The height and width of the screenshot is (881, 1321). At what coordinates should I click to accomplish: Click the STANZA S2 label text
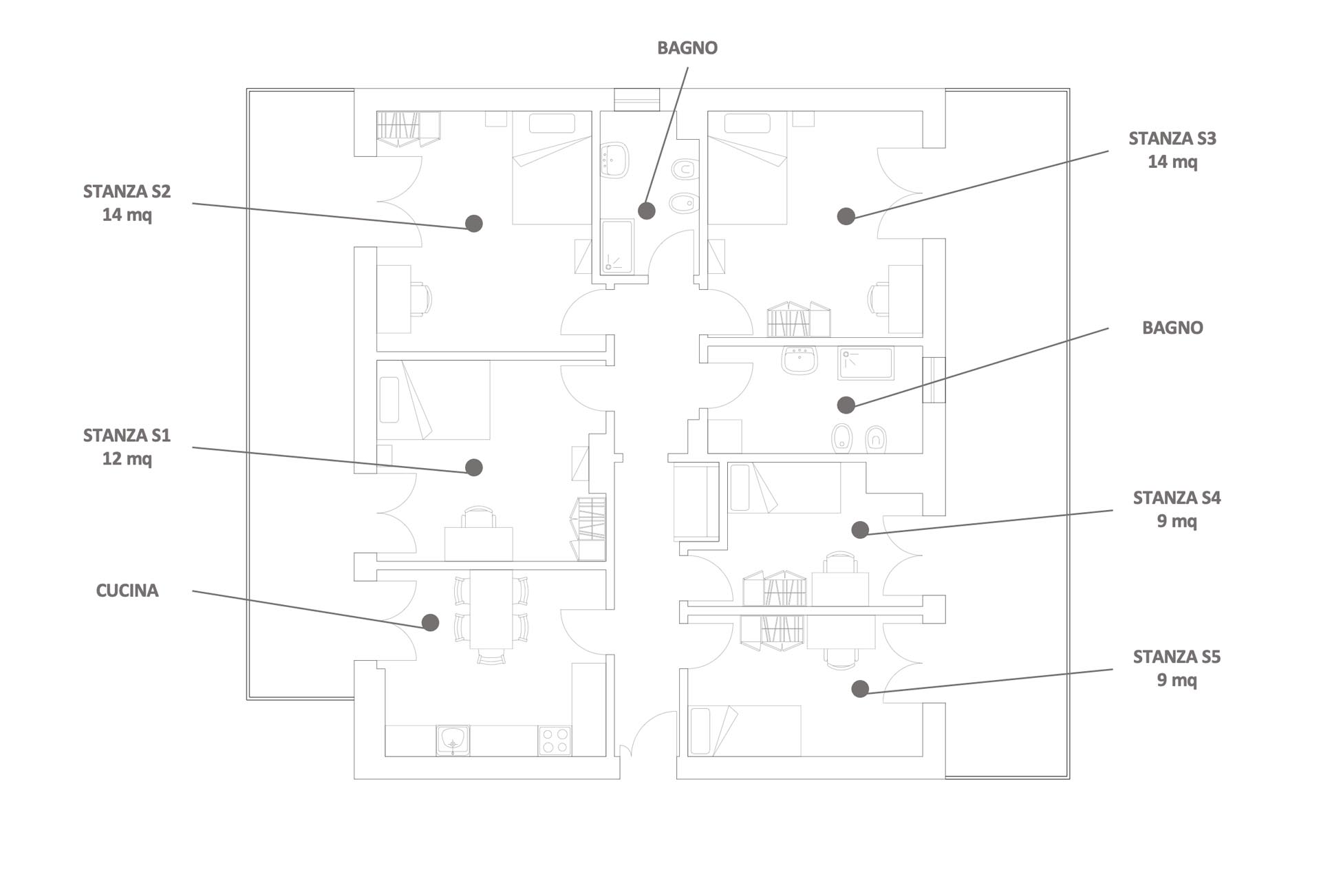tap(127, 203)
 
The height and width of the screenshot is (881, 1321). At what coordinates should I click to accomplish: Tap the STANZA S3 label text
tap(1172, 150)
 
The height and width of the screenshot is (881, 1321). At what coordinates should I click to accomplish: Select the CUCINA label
tap(127, 591)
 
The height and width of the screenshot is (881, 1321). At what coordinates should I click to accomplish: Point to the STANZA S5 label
tap(1177, 668)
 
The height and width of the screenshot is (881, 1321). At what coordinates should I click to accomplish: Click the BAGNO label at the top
tap(687, 48)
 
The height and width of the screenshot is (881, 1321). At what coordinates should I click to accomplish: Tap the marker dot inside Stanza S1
tap(474, 467)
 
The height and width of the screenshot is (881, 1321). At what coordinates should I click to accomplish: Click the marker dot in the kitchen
tap(431, 623)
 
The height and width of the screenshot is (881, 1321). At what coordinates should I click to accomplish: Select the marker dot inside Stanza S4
tap(860, 529)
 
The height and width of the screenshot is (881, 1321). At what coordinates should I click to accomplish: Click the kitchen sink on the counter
tap(453, 740)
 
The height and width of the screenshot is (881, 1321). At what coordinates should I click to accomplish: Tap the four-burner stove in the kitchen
tap(555, 741)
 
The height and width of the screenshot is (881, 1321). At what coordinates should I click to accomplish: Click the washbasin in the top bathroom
tap(614, 160)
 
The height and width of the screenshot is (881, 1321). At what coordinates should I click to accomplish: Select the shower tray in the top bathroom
tap(617, 246)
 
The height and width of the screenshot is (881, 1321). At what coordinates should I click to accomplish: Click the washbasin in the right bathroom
tap(799, 360)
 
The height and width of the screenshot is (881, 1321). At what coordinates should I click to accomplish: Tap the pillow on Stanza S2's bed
tap(552, 123)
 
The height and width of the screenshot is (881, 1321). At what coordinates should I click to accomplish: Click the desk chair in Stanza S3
tap(879, 299)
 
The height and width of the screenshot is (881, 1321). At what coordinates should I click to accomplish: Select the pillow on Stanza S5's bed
tap(700, 731)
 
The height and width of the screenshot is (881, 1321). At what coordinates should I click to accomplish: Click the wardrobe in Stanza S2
tap(409, 129)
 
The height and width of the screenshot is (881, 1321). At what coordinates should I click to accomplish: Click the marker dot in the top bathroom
tap(647, 211)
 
